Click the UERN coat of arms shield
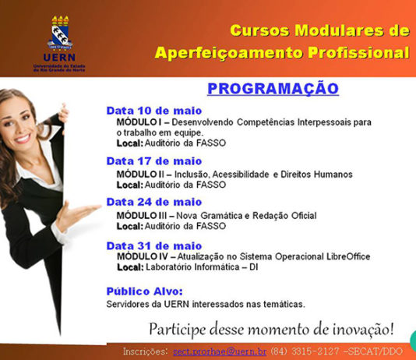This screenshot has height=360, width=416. (60, 34)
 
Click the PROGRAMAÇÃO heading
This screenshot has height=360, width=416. (273, 89)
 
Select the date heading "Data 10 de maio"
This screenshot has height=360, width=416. (154, 111)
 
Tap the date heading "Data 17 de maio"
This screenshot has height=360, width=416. (154, 161)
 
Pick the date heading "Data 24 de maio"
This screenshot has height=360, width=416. (154, 202)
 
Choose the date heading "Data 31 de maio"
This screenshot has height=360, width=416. (154, 246)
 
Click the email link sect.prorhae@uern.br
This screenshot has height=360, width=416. (220, 351)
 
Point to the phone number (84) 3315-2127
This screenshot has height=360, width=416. (305, 351)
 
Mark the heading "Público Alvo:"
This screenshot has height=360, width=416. (145, 291)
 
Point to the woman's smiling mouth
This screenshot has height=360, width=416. (22, 139)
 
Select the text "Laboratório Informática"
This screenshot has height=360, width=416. (192, 266)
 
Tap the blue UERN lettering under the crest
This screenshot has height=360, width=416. (59, 58)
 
